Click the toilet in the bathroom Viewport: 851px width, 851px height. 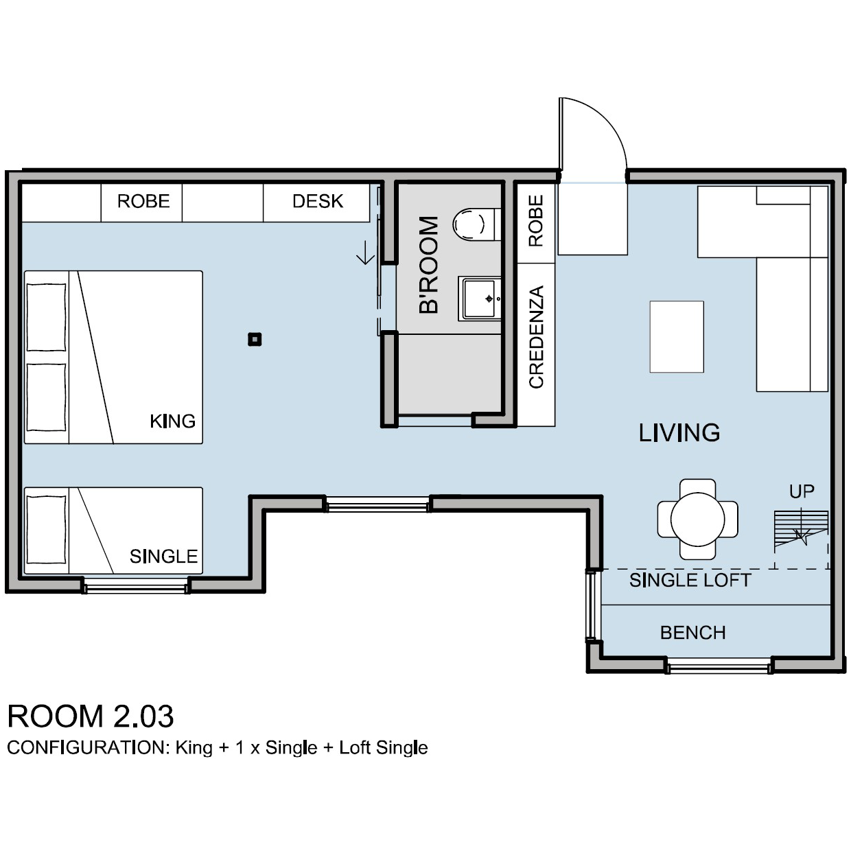coord(476,224)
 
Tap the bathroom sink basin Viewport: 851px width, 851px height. coord(480,299)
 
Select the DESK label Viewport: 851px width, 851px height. coord(318,201)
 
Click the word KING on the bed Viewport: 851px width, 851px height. coord(173,421)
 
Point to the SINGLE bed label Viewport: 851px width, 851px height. coord(163,557)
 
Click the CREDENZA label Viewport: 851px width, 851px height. coord(536,337)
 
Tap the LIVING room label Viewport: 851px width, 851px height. coord(679,433)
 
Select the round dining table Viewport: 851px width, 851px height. coord(697,520)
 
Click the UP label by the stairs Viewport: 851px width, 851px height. coord(802,491)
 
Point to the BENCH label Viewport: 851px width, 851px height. coord(693,633)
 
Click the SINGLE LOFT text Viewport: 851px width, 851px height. coord(690,581)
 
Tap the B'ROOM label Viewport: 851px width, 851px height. coord(428,265)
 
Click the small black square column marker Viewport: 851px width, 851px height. coord(255,340)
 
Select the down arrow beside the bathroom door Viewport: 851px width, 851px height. coord(366,253)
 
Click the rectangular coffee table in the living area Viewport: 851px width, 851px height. coord(677,337)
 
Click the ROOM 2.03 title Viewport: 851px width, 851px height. coord(91,716)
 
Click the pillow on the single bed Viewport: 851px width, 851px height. coord(47,530)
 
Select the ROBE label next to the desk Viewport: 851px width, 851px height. coord(143,201)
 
